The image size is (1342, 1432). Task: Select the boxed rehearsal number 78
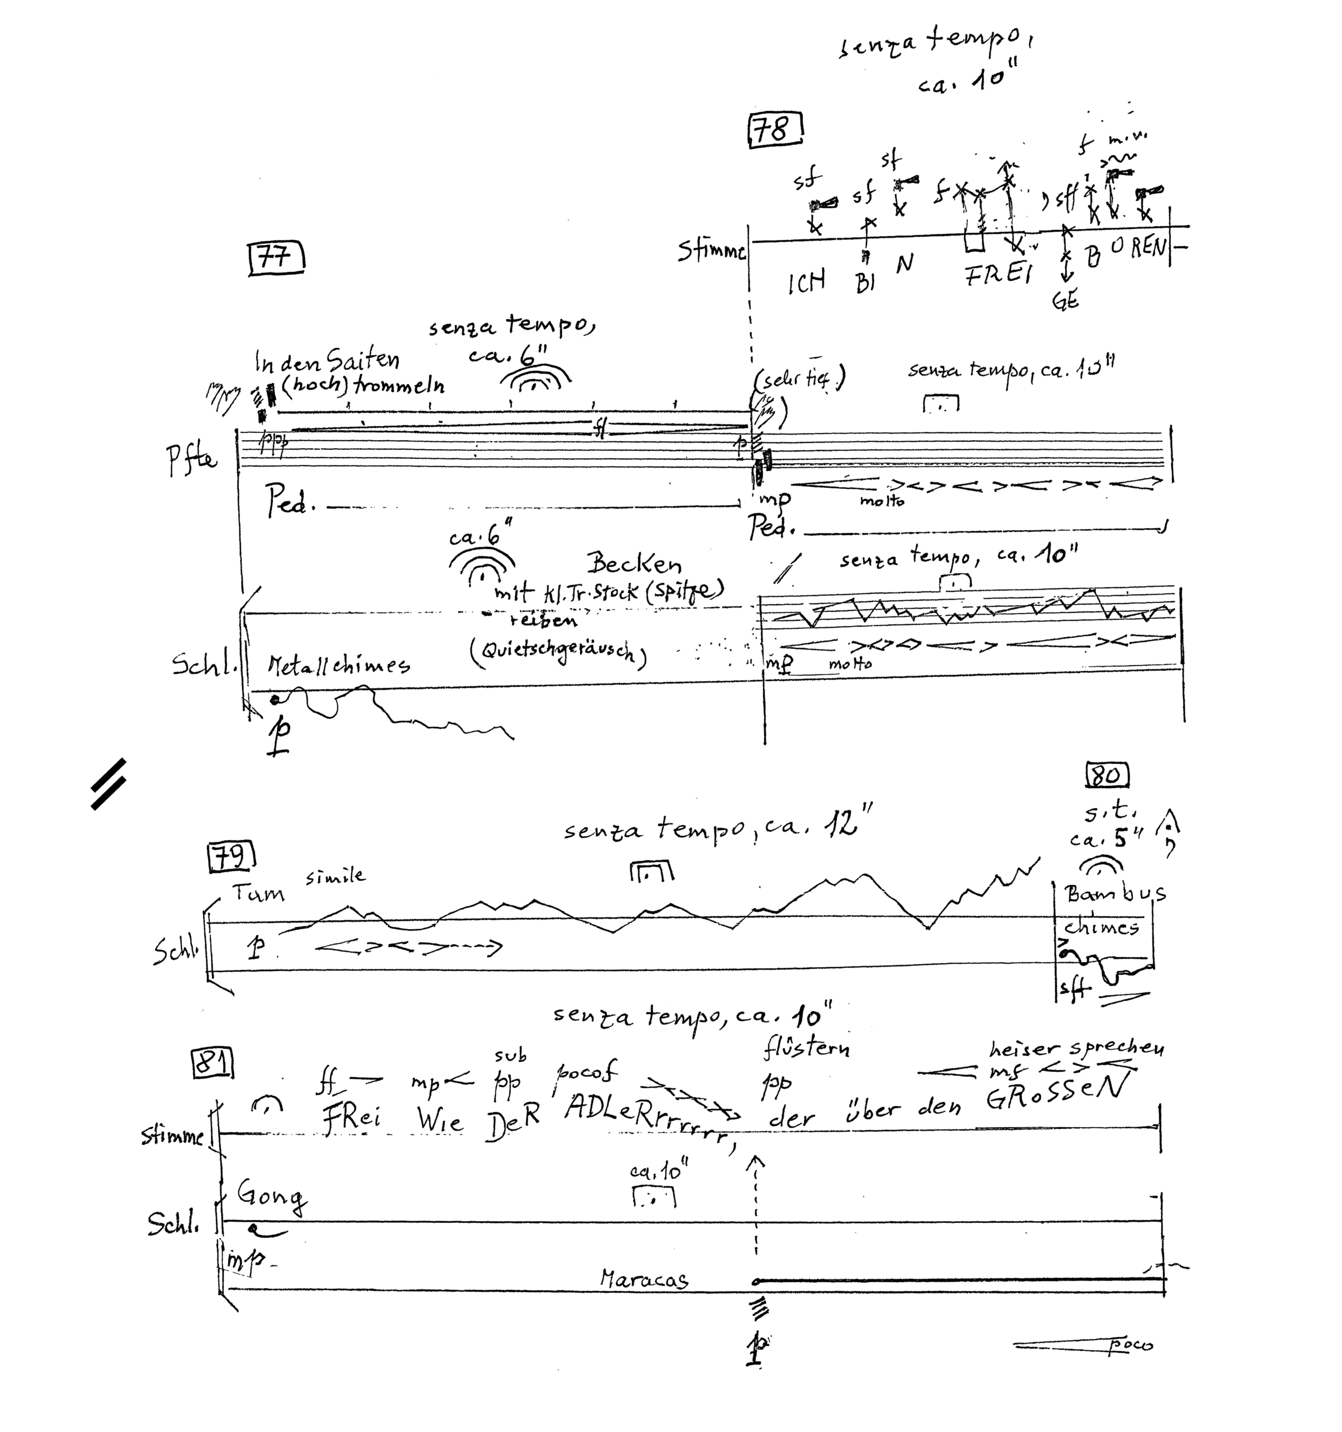775,130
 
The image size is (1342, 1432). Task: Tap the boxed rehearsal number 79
231,856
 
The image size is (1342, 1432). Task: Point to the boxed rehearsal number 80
1106,775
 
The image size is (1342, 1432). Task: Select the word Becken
633,563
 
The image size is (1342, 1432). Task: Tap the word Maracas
644,1279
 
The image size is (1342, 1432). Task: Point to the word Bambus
1115,894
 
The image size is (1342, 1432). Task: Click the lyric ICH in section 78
806,282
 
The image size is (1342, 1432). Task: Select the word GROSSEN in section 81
1054,1094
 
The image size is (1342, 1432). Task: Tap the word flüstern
806,1049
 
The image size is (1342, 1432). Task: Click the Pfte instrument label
191,459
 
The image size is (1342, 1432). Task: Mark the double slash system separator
109,784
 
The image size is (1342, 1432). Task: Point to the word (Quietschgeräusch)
558,652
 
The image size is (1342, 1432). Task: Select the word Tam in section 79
258,894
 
